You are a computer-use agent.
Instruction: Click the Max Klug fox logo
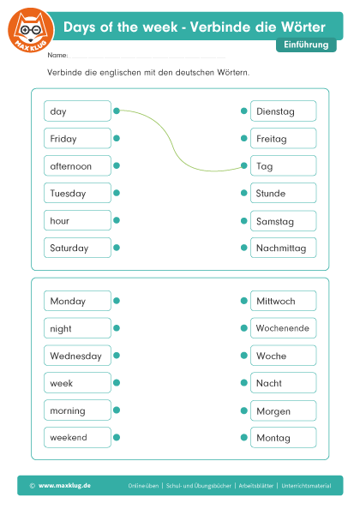[x=31, y=31]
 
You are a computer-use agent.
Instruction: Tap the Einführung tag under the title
[x=306, y=45]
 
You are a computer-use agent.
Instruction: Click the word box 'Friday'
[x=77, y=138]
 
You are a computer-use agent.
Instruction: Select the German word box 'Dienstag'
[x=284, y=111]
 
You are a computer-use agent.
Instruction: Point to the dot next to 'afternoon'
[x=117, y=165]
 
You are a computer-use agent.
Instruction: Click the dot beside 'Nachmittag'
[x=244, y=248]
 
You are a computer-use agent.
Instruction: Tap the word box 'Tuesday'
[x=77, y=193]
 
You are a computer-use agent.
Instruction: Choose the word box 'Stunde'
[x=284, y=193]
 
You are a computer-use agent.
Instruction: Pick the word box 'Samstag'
[x=284, y=221]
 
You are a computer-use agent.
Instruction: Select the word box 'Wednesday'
[x=77, y=356]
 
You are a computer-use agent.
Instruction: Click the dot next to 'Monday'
[x=117, y=301]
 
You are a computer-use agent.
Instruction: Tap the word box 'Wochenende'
[x=284, y=328]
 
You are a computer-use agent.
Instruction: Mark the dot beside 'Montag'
[x=244, y=437]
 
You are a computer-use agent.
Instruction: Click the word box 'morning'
[x=77, y=410]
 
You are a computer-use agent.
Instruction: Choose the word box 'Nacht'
[x=284, y=383]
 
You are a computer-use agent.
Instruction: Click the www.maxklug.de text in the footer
[x=64, y=486]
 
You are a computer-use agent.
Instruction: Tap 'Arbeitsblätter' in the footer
[x=255, y=486]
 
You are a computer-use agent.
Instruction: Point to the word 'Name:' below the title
[x=57, y=55]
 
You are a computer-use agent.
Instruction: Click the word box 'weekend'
[x=77, y=437]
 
